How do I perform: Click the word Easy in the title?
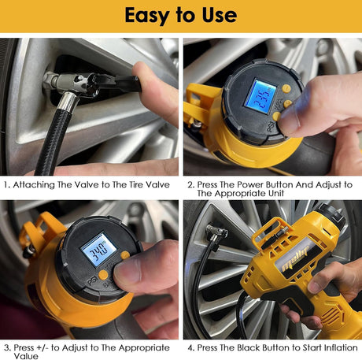coord(146,16)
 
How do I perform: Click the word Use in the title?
coord(220,15)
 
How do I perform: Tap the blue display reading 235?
coord(260,96)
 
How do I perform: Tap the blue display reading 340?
coord(98,250)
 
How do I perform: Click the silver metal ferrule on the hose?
coord(68,102)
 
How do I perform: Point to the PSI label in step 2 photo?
coord(271,127)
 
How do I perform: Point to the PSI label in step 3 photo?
coord(92,281)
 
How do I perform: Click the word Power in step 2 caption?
coord(250,184)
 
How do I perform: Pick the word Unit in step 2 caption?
coord(276,193)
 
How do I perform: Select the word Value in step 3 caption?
coord(26,356)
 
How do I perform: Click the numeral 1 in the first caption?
coord(6,185)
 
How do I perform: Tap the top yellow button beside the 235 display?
coord(286,89)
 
